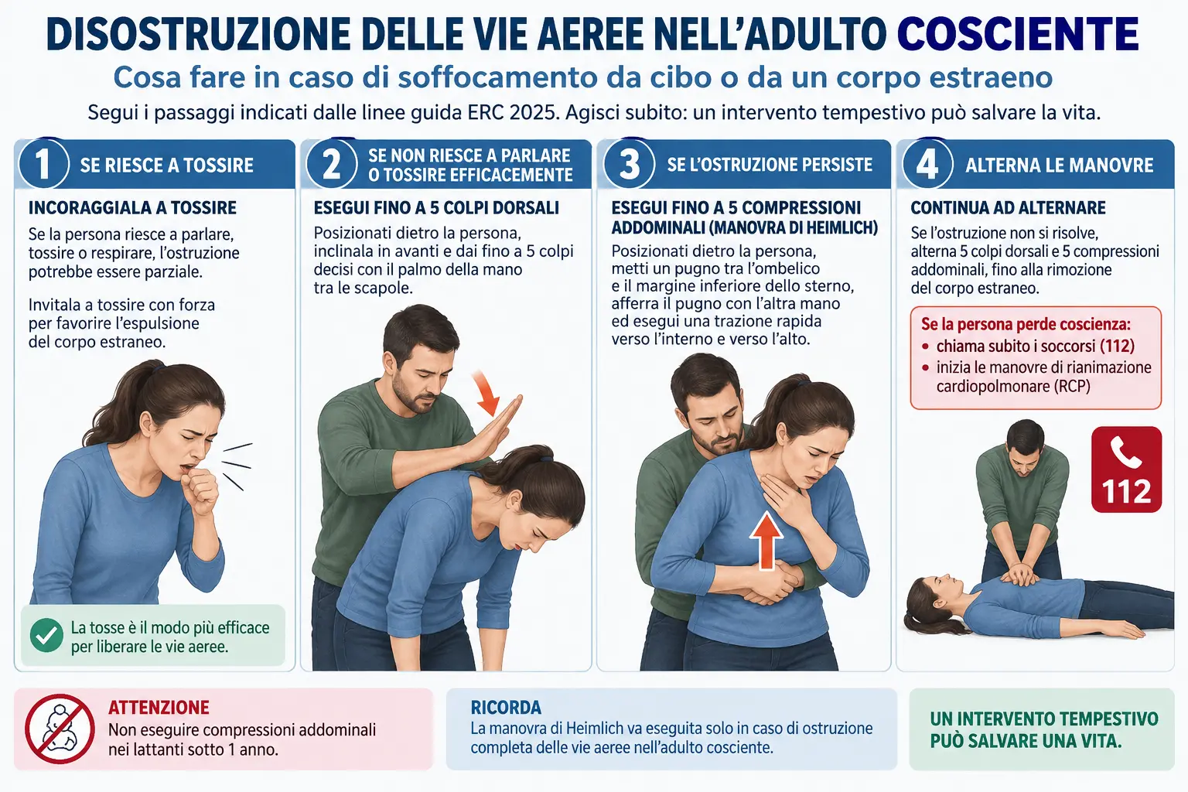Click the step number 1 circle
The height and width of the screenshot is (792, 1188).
pos(43,164)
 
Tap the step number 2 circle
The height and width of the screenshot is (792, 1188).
pos(331,164)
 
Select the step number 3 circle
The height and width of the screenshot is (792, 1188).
pos(629,164)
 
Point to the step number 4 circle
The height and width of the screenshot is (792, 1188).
pos(927,164)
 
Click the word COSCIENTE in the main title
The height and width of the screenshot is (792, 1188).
pos(1018,35)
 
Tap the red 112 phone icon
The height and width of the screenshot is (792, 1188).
pos(1126,469)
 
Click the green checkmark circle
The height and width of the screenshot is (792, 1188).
pos(46,635)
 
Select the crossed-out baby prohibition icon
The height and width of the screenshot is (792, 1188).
pos(60,729)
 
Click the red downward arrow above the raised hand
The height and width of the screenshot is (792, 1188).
pos(486,393)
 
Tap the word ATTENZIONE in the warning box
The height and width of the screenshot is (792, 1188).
pos(159,707)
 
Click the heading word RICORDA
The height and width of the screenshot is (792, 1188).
pos(506,707)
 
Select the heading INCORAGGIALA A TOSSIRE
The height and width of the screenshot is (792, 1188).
pos(132,207)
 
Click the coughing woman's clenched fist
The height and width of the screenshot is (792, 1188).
pos(199,488)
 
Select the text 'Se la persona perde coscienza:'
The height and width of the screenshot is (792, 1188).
pos(1026,324)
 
